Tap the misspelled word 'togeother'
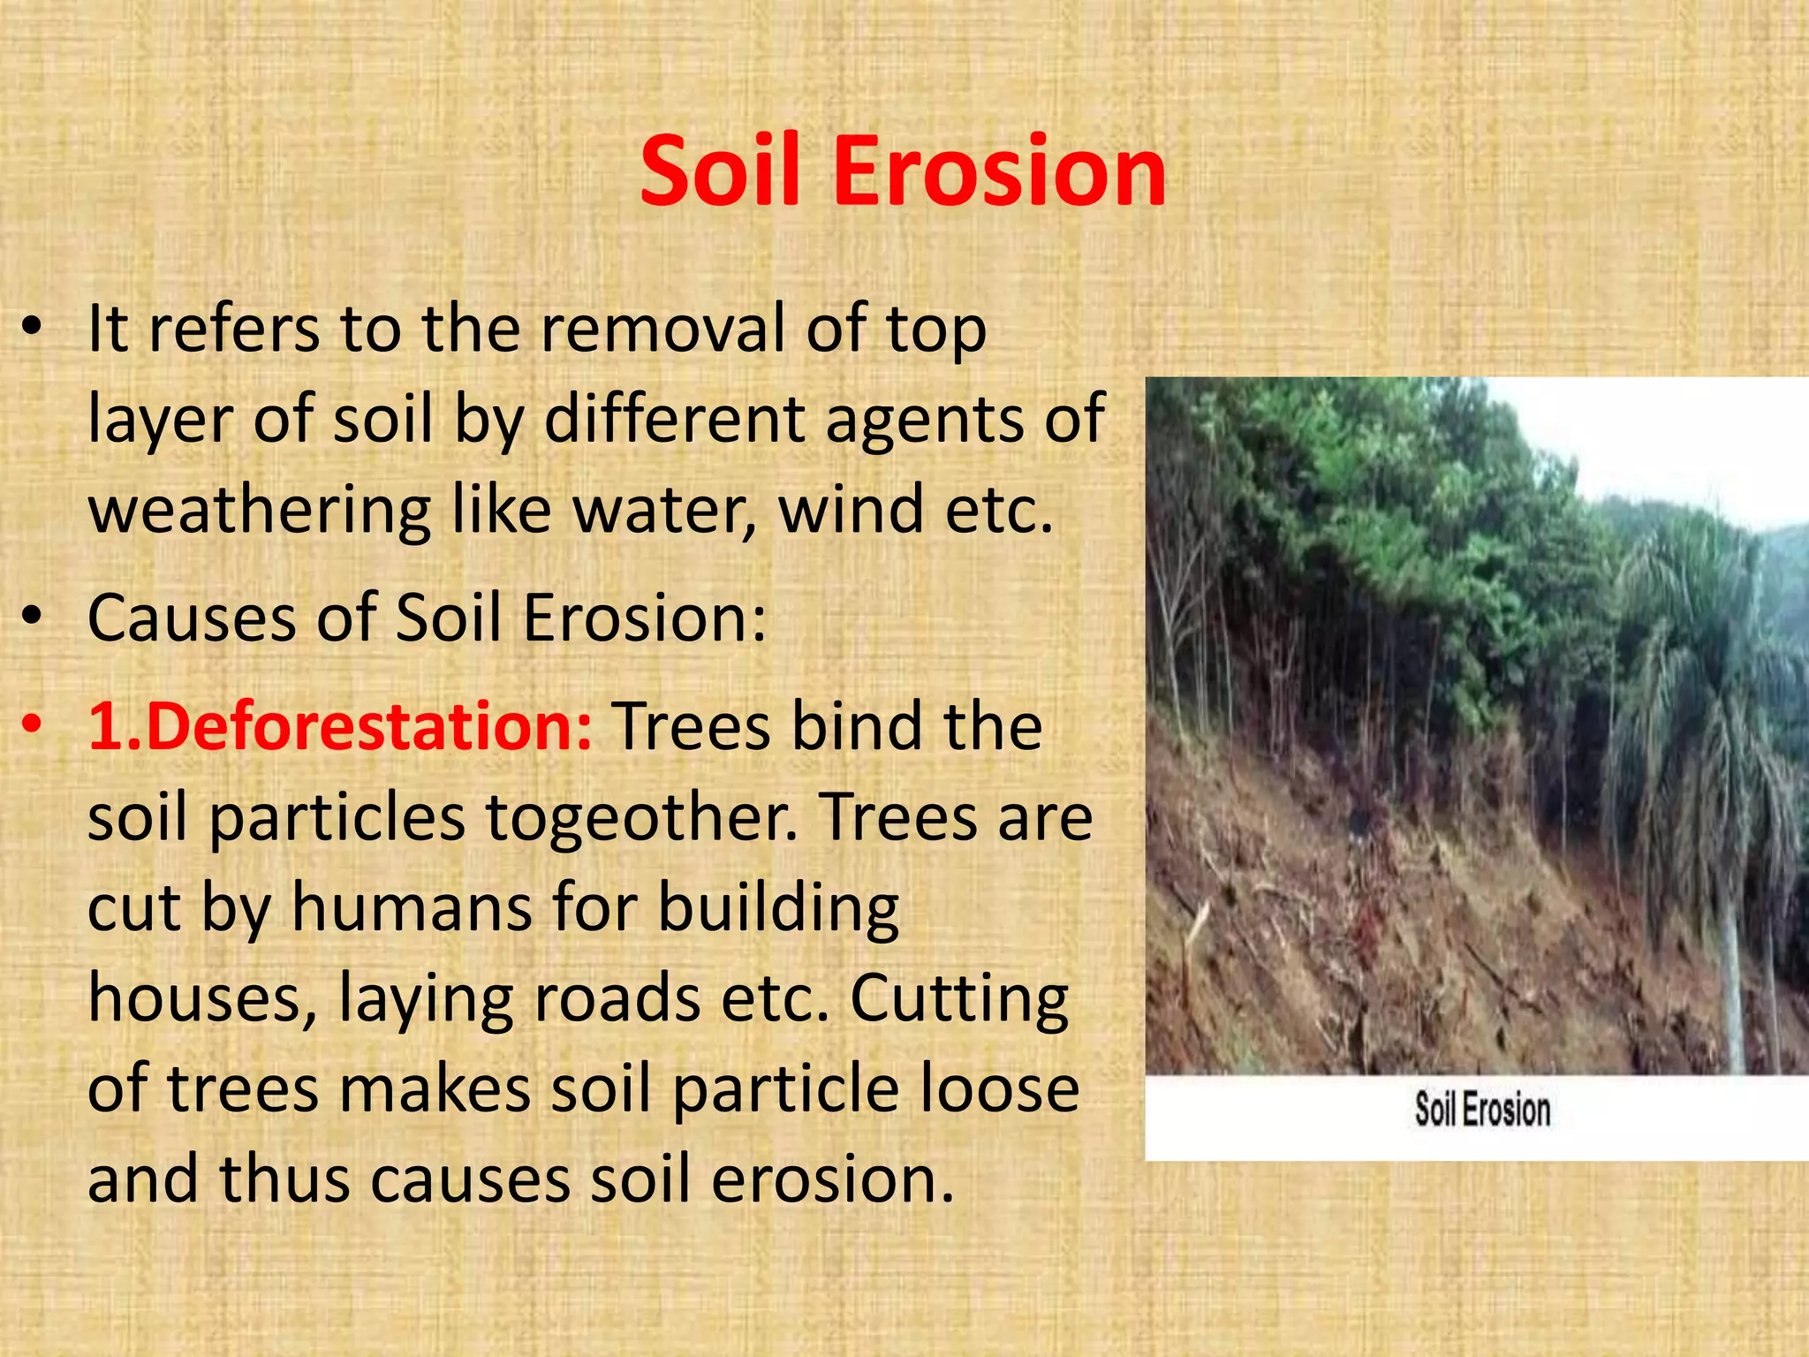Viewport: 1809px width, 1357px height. [641, 818]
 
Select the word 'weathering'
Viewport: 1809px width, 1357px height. [260, 511]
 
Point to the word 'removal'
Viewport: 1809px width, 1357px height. [662, 329]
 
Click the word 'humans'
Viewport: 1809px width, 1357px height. [412, 908]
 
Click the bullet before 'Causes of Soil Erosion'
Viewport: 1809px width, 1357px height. [32, 618]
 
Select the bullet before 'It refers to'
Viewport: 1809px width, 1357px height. [32, 329]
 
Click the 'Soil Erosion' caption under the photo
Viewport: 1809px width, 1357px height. [1482, 1110]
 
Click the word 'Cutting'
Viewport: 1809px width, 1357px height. [959, 1000]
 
